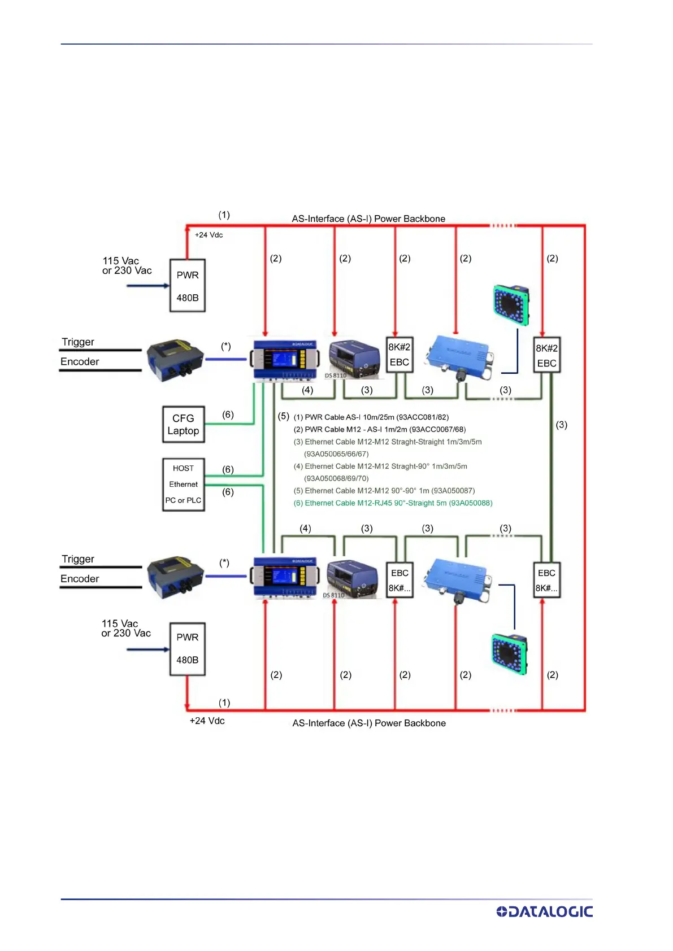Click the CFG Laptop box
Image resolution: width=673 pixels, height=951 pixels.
coord(184,424)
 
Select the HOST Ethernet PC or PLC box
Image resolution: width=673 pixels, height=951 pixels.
coord(184,485)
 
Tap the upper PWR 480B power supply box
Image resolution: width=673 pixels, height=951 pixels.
coord(188,286)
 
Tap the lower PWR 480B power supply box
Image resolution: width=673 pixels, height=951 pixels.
coord(188,649)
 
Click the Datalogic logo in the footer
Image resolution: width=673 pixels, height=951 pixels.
coord(544,911)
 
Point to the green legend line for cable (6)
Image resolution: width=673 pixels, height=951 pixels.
coord(393,503)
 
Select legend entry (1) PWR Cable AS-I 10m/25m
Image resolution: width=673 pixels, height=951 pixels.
coord(371,417)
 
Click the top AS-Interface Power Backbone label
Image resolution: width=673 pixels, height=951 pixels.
coord(368,219)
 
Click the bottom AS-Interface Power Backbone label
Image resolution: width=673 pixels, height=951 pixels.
coord(369,723)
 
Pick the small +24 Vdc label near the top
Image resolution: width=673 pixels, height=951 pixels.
coord(209,235)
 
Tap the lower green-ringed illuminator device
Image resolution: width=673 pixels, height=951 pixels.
coord(509,655)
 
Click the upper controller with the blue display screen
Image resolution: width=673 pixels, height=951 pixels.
coord(284,360)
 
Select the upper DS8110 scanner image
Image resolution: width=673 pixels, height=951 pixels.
coord(354,359)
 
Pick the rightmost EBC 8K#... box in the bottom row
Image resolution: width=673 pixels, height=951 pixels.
coord(546,580)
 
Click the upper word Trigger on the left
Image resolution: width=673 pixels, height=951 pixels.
coord(78,342)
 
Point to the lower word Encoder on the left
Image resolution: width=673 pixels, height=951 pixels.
coord(80,579)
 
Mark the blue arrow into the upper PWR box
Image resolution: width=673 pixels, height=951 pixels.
coord(147,286)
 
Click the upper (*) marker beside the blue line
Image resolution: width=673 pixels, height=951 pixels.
coord(226,346)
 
